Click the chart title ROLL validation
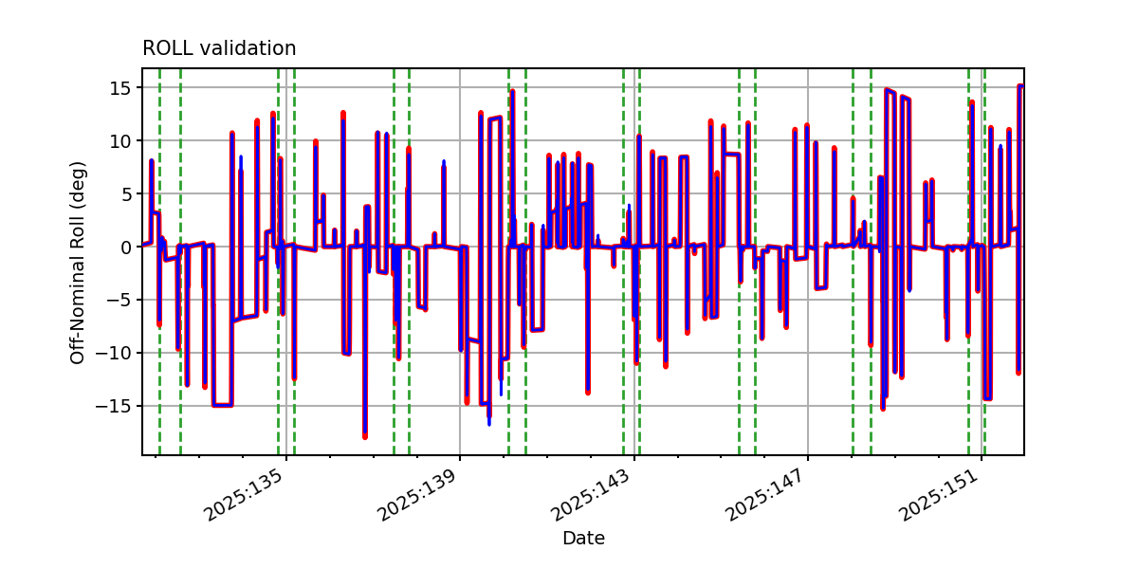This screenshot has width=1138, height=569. pyautogui.click(x=219, y=48)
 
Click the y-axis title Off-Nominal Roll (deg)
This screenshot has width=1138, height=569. pyautogui.click(x=77, y=264)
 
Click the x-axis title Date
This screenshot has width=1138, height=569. pyautogui.click(x=583, y=538)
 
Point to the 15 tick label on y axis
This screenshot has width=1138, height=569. pyautogui.click(x=119, y=88)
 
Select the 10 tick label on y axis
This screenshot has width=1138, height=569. pyautogui.click(x=119, y=140)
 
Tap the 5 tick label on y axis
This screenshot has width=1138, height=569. pyautogui.click(x=125, y=194)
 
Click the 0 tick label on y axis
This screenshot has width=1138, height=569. pyautogui.click(x=125, y=248)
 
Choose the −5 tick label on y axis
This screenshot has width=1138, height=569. pyautogui.click(x=119, y=301)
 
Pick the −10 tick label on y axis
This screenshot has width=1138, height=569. pyautogui.click(x=113, y=353)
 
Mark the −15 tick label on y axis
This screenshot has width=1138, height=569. pyautogui.click(x=113, y=407)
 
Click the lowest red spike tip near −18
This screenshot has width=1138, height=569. pyautogui.click(x=365, y=437)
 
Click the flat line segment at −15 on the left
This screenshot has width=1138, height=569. pyautogui.click(x=222, y=406)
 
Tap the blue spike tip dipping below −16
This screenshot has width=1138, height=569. pyautogui.click(x=489, y=424)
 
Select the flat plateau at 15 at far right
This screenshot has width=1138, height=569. pyautogui.click(x=1020, y=86)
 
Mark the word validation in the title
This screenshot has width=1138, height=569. pyautogui.click(x=248, y=48)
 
